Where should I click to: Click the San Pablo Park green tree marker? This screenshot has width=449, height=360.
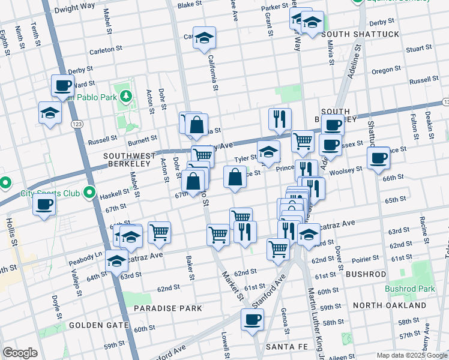pyautogui.click(x=125, y=95)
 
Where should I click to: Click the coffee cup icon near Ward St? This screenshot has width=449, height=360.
pyautogui.click(x=62, y=86)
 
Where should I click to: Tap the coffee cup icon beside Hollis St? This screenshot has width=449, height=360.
pyautogui.click(x=44, y=204)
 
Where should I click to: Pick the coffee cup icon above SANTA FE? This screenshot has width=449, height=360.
pyautogui.click(x=252, y=319)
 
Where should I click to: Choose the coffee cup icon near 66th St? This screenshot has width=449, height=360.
pyautogui.click(x=378, y=158)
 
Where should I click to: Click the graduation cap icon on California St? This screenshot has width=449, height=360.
pyautogui.click(x=204, y=38)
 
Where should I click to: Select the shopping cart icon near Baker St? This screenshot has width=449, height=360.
pyautogui.click(x=160, y=232)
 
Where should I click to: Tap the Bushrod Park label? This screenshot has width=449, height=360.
pyautogui.click(x=410, y=289)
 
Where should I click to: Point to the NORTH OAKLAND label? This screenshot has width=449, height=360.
pyautogui.click(x=390, y=305)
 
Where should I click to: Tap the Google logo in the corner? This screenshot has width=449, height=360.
pyautogui.click(x=20, y=353)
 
